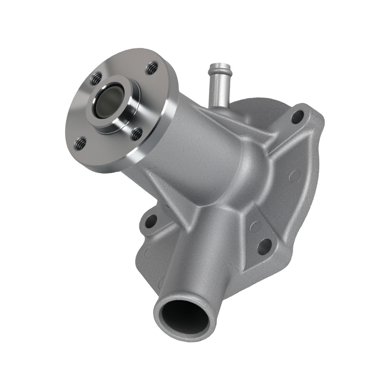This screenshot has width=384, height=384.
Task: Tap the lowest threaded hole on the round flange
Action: pos(80,144)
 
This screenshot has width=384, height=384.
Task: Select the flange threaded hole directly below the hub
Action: pos(136,134)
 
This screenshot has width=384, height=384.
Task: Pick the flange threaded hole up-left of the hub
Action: pos(96,79)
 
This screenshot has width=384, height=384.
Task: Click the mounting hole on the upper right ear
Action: pos(297,116)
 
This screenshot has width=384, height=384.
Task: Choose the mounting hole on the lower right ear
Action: pos(264,246)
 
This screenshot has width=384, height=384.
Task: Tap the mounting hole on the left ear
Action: pos(151,221)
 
